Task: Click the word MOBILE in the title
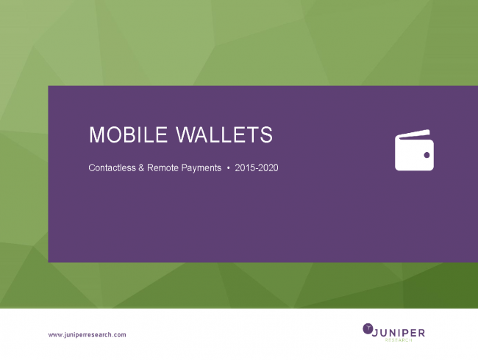[x=129, y=134]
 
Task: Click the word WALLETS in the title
[x=224, y=134]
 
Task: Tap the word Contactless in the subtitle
[x=112, y=168]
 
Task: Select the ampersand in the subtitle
[x=141, y=168]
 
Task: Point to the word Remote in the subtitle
[x=163, y=168]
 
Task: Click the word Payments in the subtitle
[x=201, y=168]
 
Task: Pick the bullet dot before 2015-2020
[x=228, y=168]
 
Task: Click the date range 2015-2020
[x=257, y=168]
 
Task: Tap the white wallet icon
[x=414, y=150]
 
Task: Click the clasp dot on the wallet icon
[x=427, y=155]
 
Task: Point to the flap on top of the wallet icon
[x=415, y=134]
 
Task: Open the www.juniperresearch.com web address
[x=88, y=335]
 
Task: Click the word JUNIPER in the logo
[x=399, y=333]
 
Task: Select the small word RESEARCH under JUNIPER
[x=399, y=340]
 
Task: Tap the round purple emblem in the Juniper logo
[x=368, y=328]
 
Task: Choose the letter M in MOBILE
[x=97, y=134]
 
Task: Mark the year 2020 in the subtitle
[x=268, y=168]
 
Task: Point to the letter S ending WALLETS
[x=266, y=134]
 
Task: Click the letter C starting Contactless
[x=91, y=168]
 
